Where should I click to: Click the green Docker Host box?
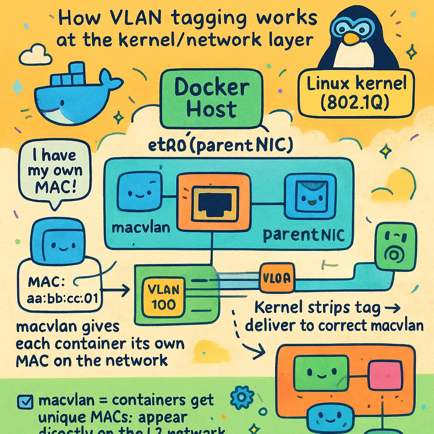click(x=211, y=98)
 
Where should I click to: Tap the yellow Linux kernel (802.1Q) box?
click(x=356, y=92)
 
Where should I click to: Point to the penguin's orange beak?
click(x=351, y=39)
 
